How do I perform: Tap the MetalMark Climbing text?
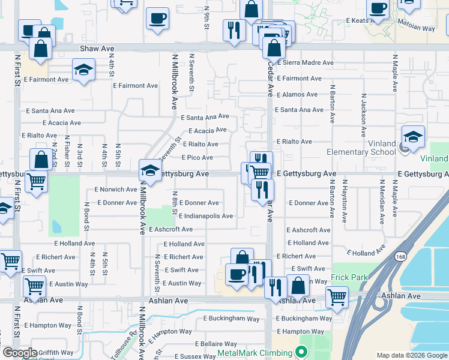(256, 353)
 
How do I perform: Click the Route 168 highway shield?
(399, 257)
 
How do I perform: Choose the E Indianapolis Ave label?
(205, 216)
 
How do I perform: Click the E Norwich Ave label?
(116, 190)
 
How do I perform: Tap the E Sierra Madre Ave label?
(304, 62)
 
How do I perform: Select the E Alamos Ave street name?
(297, 94)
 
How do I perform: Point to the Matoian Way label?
(415, 28)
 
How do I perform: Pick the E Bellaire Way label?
(217, 344)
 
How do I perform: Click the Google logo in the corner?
(20, 353)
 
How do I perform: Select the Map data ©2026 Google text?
(412, 355)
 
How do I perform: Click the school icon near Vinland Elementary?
(413, 138)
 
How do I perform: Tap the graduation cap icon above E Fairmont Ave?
(83, 70)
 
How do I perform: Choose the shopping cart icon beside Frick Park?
(337, 296)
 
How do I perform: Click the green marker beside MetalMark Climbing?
(303, 353)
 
